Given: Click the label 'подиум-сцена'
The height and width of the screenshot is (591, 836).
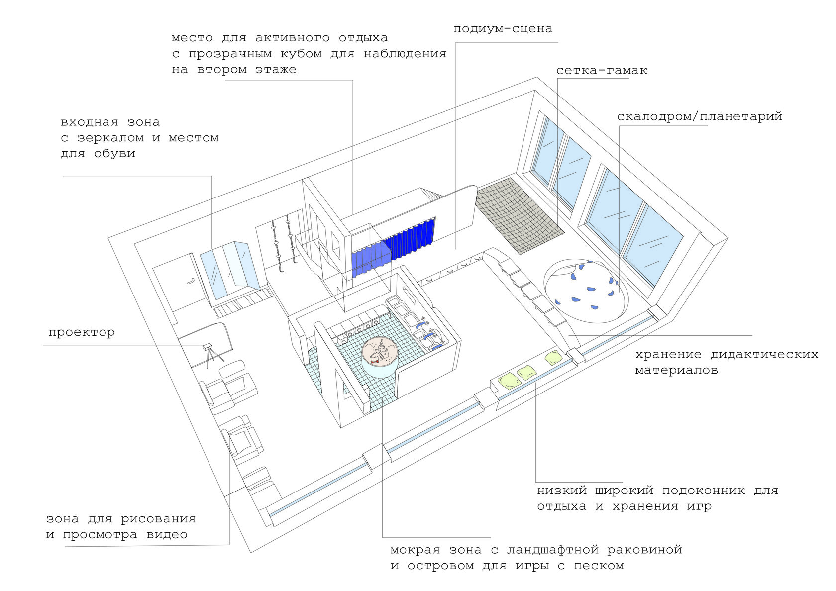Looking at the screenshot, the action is coord(503,29).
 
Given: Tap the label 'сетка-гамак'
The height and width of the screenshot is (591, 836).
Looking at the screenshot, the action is coord(602,71).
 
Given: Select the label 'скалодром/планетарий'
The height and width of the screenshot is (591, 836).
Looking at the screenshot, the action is coord(700,117).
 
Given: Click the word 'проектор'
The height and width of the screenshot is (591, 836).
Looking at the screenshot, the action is coord(82,333).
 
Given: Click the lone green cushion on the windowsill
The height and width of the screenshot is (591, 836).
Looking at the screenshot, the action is coord(553,357).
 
